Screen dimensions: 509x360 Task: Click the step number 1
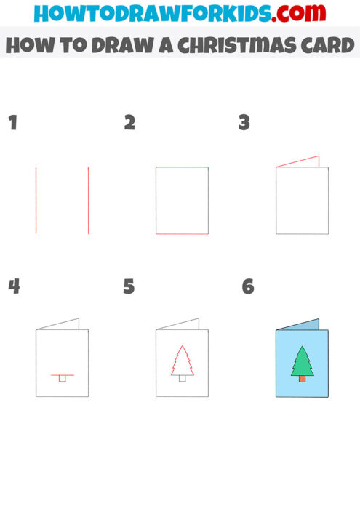tap(12, 123)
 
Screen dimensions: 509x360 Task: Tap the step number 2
tap(129, 123)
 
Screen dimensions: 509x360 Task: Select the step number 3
tap(244, 123)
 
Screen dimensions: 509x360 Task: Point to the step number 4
tap(13, 286)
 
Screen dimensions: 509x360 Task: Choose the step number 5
tap(129, 286)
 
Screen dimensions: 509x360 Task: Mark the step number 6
tap(248, 286)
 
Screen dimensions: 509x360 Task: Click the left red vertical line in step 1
tap(36, 200)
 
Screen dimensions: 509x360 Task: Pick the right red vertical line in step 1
tap(89, 200)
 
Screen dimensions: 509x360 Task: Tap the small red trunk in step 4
tap(63, 378)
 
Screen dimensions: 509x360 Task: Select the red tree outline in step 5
tap(182, 361)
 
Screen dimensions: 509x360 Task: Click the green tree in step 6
tap(302, 361)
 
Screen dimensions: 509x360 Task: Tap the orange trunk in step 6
tap(302, 379)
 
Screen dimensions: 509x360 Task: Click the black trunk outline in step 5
tap(183, 378)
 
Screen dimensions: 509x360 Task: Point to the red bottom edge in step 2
tap(182, 233)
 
